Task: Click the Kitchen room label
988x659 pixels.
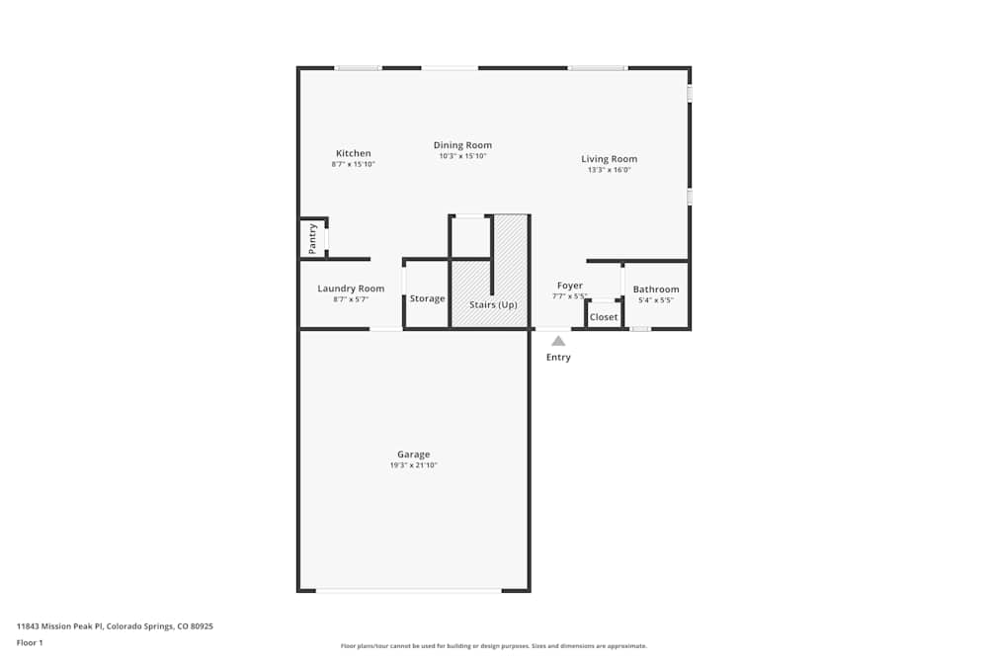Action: (354, 153)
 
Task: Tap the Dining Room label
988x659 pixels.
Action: (462, 145)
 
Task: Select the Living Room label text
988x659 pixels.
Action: (609, 159)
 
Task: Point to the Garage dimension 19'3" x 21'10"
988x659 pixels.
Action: (413, 465)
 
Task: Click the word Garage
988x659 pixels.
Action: (413, 454)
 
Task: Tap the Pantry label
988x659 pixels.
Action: (313, 238)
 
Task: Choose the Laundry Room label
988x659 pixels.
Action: (351, 288)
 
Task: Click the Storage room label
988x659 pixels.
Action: (428, 298)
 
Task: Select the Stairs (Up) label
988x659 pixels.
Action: (493, 304)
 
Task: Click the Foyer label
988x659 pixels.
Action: (570, 286)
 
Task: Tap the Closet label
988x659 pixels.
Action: (604, 317)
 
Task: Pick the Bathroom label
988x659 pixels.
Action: (656, 289)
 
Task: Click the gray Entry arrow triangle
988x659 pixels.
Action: (558, 341)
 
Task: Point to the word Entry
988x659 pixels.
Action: (558, 358)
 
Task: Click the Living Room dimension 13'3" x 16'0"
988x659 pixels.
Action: (609, 170)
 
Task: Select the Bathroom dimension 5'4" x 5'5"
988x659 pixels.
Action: (656, 299)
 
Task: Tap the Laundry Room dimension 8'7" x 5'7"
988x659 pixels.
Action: (351, 299)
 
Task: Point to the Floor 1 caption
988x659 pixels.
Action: (30, 642)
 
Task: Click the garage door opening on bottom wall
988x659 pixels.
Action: (408, 591)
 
